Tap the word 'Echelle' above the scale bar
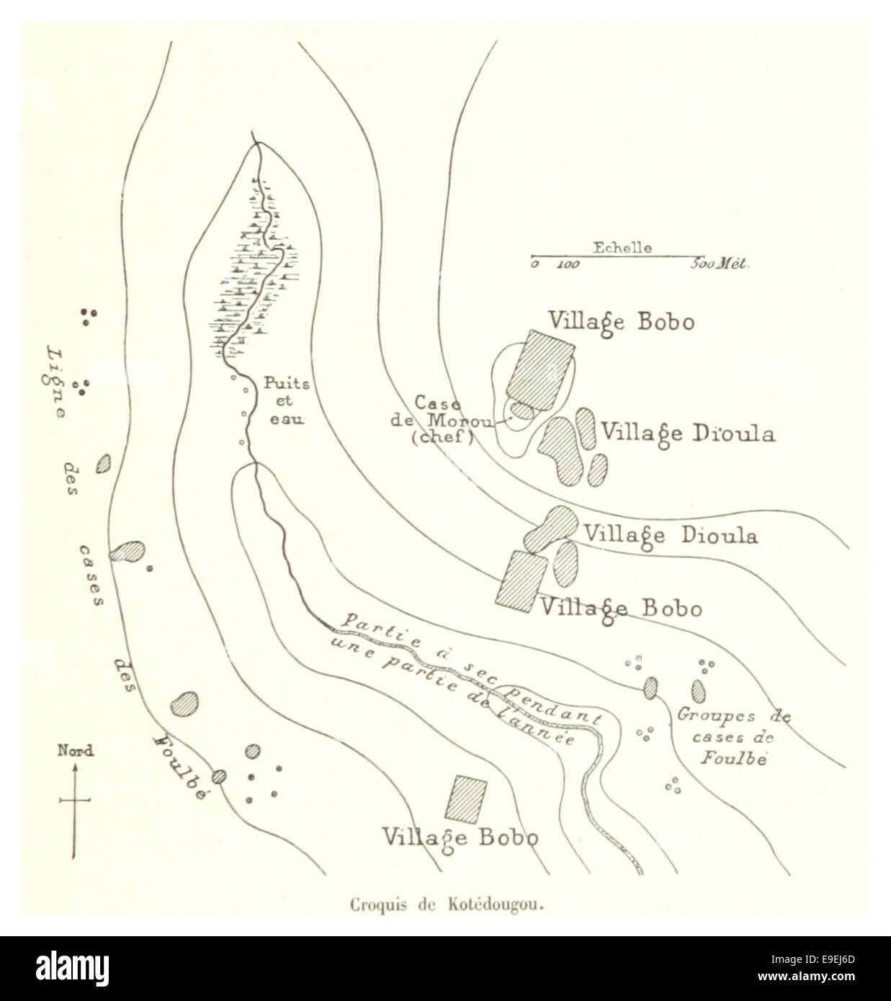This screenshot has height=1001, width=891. [622, 248]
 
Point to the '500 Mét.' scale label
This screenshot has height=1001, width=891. [720, 264]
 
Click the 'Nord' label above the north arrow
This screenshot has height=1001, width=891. [75, 751]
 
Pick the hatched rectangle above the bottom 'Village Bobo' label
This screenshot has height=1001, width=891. [466, 799]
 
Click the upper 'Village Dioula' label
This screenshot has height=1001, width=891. [688, 434]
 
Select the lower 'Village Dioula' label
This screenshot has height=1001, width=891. [670, 536]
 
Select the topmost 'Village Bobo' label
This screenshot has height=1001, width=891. [621, 321]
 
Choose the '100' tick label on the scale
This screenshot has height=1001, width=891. [568, 264]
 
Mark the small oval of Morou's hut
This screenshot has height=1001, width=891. [522, 411]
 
